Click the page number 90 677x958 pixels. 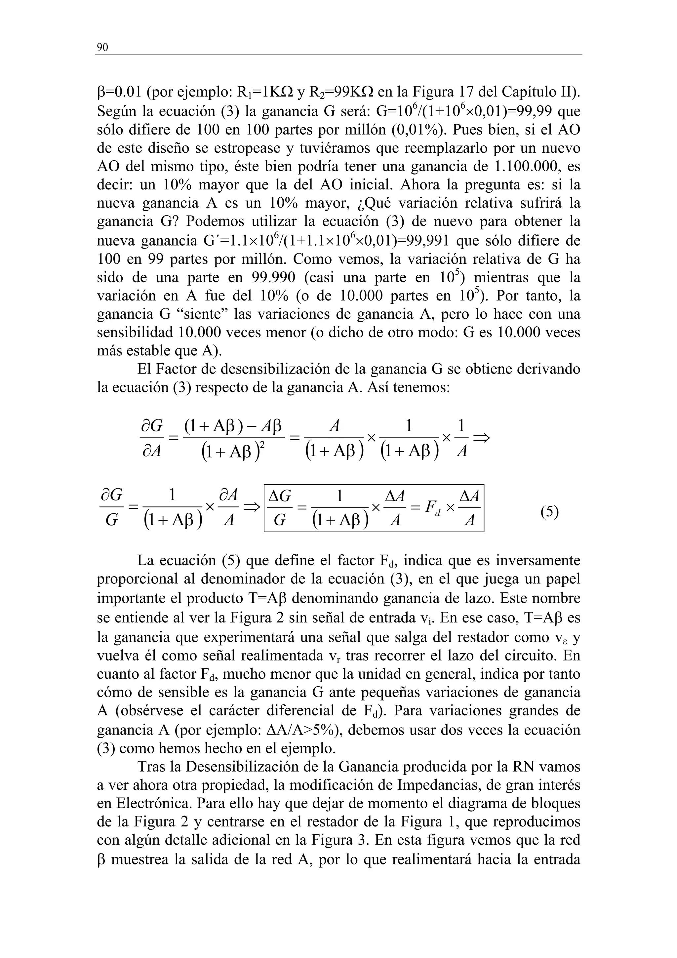tap(102, 48)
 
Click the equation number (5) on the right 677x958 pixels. tap(549, 511)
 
